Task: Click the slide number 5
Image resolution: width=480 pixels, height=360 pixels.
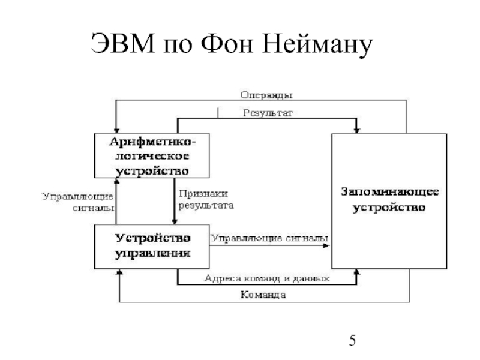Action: (353, 342)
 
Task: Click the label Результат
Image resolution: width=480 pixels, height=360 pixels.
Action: (268, 112)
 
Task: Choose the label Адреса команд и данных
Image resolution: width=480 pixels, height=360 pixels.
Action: (267, 278)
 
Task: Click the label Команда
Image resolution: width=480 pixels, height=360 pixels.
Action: (263, 295)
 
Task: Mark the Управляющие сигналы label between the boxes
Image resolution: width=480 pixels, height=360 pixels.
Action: (268, 238)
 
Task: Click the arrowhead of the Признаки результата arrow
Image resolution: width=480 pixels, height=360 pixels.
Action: (178, 220)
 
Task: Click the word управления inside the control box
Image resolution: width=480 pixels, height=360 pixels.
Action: (153, 253)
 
